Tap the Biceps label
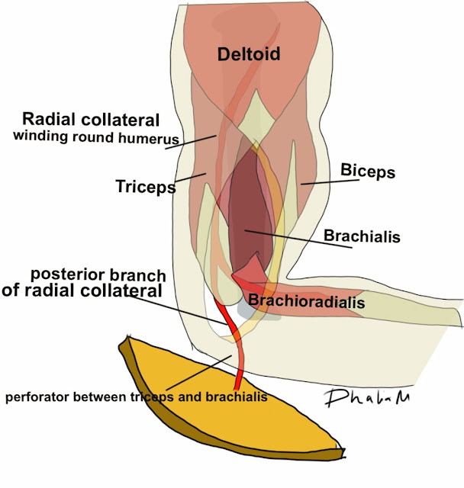click(x=367, y=172)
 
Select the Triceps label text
click(x=145, y=186)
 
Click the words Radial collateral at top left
click(x=91, y=120)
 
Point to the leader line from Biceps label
click(x=319, y=182)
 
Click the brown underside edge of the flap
click(x=145, y=397)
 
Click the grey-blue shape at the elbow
click(x=246, y=309)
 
